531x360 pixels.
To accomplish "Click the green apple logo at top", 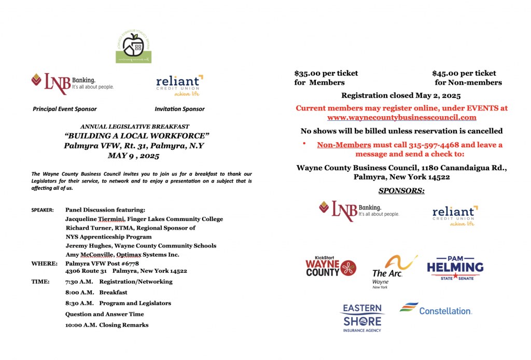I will click(133, 47).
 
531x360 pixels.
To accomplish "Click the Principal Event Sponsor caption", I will click(64, 109).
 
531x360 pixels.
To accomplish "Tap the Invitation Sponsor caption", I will click(179, 109).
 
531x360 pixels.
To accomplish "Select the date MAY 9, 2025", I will click(134, 156).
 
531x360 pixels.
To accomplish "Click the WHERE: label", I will click(44, 264).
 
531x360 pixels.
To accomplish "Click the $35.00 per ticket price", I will click(326, 73).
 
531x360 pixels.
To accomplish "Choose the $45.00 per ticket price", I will click(464, 73).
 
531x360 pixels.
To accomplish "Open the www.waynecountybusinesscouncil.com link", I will click(401, 118).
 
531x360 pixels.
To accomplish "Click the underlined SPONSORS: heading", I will click(401, 191).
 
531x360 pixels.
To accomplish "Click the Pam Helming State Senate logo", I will click(455, 268).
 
